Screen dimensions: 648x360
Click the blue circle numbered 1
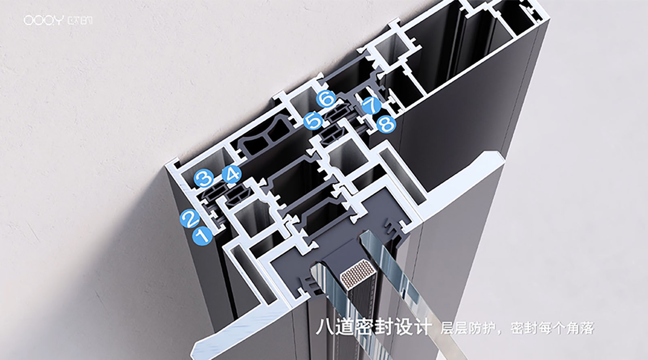[x=202, y=236]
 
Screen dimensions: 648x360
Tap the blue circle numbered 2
[x=190, y=219]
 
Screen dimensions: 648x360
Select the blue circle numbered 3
[x=204, y=178]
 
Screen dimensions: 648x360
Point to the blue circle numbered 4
[x=232, y=174]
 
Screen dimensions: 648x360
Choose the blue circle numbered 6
[x=326, y=98]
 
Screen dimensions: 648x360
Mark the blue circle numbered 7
[x=372, y=105]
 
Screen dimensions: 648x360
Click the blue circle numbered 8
[x=386, y=124]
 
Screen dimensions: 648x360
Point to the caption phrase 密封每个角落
[x=552, y=328]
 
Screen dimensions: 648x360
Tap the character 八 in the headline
[x=324, y=327]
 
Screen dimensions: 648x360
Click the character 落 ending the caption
[x=587, y=328]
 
